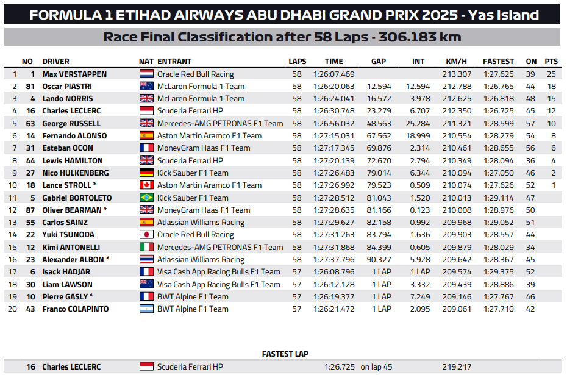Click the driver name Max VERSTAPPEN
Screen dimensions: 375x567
click(x=74, y=74)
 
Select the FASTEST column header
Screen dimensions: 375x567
click(x=498, y=61)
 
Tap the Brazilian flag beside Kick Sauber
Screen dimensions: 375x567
click(x=146, y=198)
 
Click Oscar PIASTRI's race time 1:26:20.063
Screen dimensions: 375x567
click(x=333, y=87)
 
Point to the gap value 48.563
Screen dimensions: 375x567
click(x=380, y=123)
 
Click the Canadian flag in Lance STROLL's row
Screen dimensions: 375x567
click(x=146, y=185)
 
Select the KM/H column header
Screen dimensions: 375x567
click(x=456, y=61)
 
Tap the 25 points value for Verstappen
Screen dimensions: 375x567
click(x=551, y=74)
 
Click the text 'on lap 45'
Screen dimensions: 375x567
click(x=376, y=367)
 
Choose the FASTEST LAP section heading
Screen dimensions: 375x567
click(x=285, y=354)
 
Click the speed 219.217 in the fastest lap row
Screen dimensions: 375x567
click(x=457, y=367)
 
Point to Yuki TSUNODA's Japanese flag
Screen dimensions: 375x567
click(x=146, y=235)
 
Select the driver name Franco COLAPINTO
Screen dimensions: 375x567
click(x=76, y=309)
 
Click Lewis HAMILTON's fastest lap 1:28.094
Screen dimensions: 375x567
click(x=498, y=160)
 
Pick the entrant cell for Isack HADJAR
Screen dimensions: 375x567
click(x=218, y=272)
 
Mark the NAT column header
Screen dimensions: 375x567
click(x=146, y=61)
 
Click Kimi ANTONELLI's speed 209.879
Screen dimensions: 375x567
click(x=457, y=247)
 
